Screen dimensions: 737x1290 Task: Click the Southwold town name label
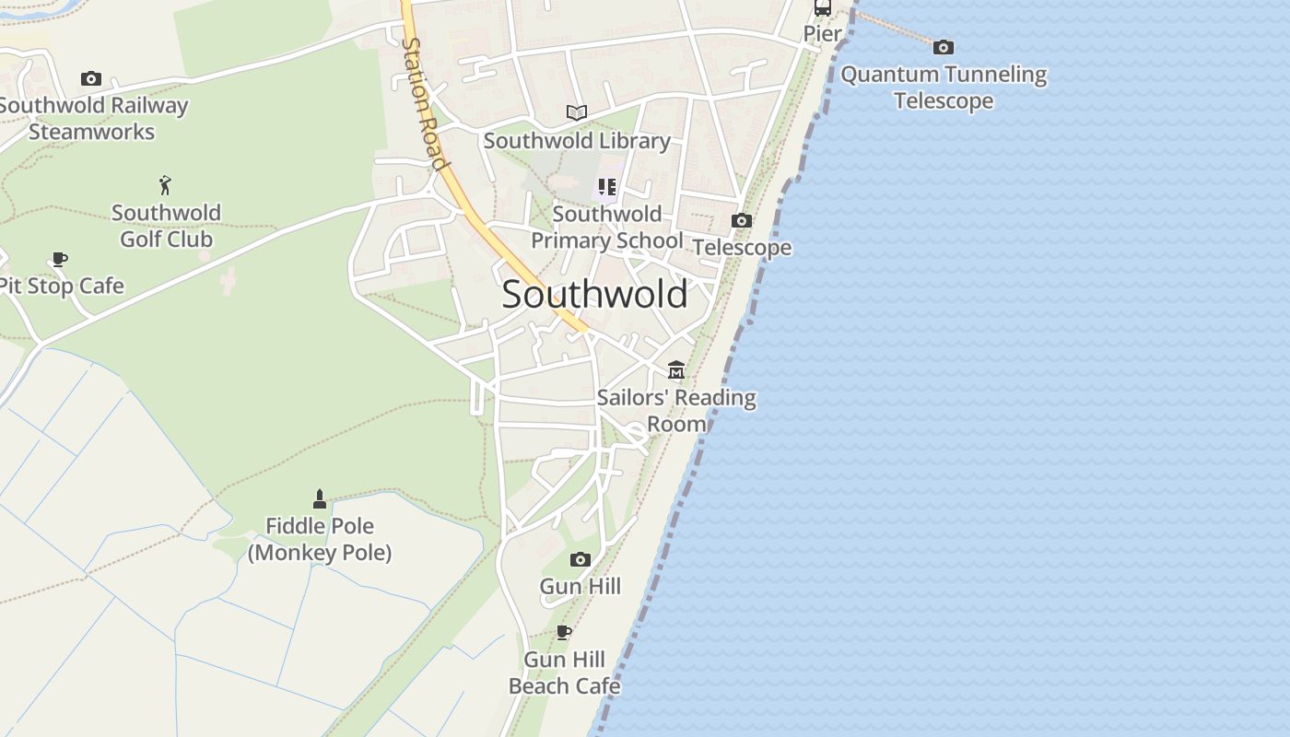coord(594,295)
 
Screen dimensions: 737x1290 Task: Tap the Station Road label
coord(425,103)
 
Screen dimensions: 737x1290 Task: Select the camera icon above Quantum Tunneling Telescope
coord(943,47)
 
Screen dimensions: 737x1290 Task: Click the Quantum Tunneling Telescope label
coord(944,88)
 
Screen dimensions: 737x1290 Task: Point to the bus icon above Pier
coord(822,8)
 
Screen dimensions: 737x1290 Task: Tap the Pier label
coord(822,34)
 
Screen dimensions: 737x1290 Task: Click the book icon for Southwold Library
coord(577,112)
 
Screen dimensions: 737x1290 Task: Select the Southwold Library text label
coord(577,141)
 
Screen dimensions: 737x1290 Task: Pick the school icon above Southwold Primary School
coord(606,187)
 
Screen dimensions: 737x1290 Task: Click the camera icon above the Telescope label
coord(741,221)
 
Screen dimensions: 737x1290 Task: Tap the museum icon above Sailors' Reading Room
coord(676,370)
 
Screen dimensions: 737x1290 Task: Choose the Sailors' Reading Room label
coord(676,411)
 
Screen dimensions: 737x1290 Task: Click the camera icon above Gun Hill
coord(580,559)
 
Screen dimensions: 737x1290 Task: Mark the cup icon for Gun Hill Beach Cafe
coord(564,632)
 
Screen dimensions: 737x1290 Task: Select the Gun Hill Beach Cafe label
coord(564,673)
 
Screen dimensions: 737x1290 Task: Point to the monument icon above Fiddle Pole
coord(320,498)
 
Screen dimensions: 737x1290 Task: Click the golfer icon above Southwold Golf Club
coord(166,185)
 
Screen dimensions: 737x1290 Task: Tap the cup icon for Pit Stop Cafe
coord(60,259)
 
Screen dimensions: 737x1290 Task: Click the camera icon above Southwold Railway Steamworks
coord(90,79)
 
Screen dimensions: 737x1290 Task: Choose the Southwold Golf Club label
coord(167,226)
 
